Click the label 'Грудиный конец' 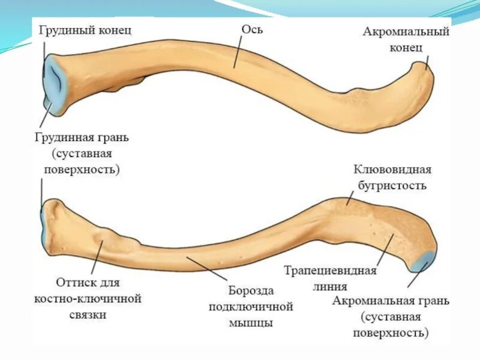(85, 31)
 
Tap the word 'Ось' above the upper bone (251, 29)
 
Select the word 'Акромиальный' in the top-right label (406, 32)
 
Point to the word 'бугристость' (390, 185)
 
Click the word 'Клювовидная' (392, 170)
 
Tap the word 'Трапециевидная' (330, 271)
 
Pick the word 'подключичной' (250, 307)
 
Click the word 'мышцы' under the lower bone (250, 323)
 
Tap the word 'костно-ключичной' (88, 298)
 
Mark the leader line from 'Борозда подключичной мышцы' (207, 268)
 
